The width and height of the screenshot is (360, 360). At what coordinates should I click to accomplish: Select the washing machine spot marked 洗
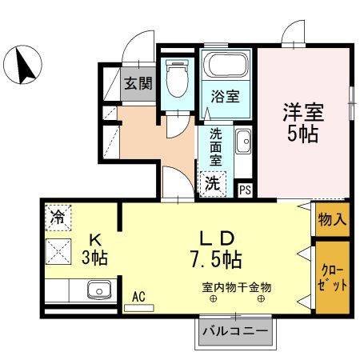click(x=212, y=182)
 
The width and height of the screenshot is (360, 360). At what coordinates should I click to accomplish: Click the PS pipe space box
click(x=246, y=190)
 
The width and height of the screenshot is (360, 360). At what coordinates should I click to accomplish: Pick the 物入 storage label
click(x=332, y=218)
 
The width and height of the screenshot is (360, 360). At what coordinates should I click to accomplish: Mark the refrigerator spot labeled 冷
click(x=58, y=215)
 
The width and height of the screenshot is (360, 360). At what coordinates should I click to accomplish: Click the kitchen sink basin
click(x=98, y=289)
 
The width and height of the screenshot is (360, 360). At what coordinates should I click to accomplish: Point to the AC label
click(x=139, y=296)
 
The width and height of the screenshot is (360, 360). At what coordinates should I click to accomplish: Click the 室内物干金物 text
click(x=237, y=286)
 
